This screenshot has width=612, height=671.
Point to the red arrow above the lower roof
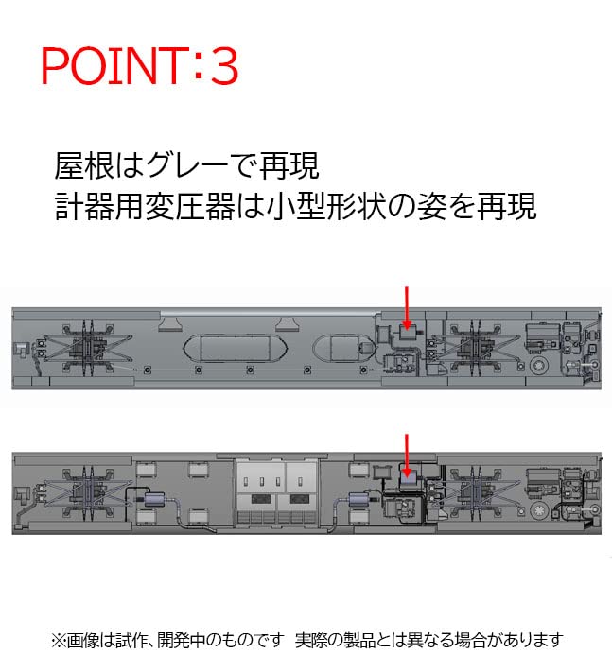[x=407, y=454]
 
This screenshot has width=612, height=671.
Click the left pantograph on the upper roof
[x=86, y=346]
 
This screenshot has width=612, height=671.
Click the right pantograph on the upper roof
[x=471, y=346]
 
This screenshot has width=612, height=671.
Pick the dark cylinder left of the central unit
[x=153, y=502]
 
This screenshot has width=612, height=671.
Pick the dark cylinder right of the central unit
[x=362, y=502]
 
